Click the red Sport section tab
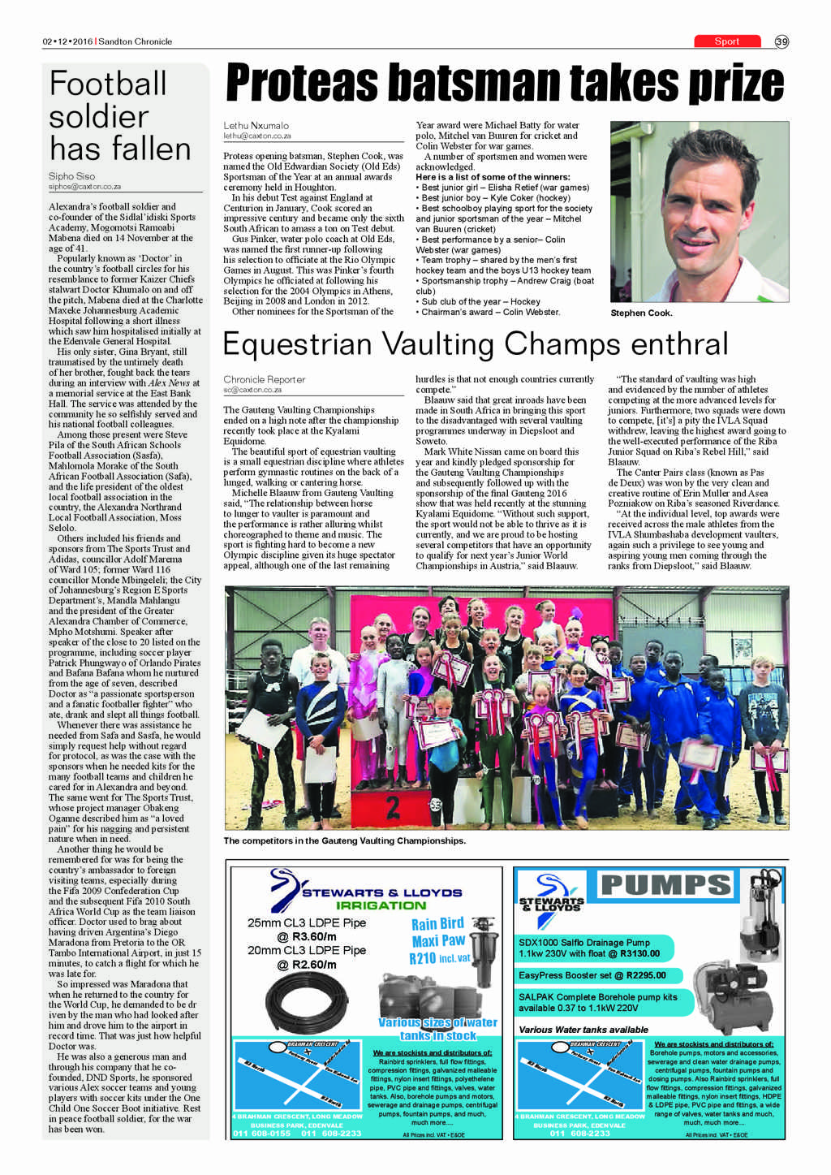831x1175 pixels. (727, 41)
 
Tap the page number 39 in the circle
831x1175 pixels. (781, 41)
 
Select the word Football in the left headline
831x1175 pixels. (108, 84)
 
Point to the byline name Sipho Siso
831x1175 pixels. (71, 176)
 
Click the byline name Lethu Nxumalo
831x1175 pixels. (256, 126)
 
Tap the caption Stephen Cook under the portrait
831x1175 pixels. (641, 313)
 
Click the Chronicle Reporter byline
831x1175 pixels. (265, 379)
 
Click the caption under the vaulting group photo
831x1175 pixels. (345, 840)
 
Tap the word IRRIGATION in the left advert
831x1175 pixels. (381, 905)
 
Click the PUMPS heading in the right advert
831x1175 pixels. (666, 884)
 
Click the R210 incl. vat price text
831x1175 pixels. (439, 958)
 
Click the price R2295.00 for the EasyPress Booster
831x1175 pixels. (646, 975)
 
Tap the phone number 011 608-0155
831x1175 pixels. (261, 1133)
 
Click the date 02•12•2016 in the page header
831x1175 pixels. (68, 41)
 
